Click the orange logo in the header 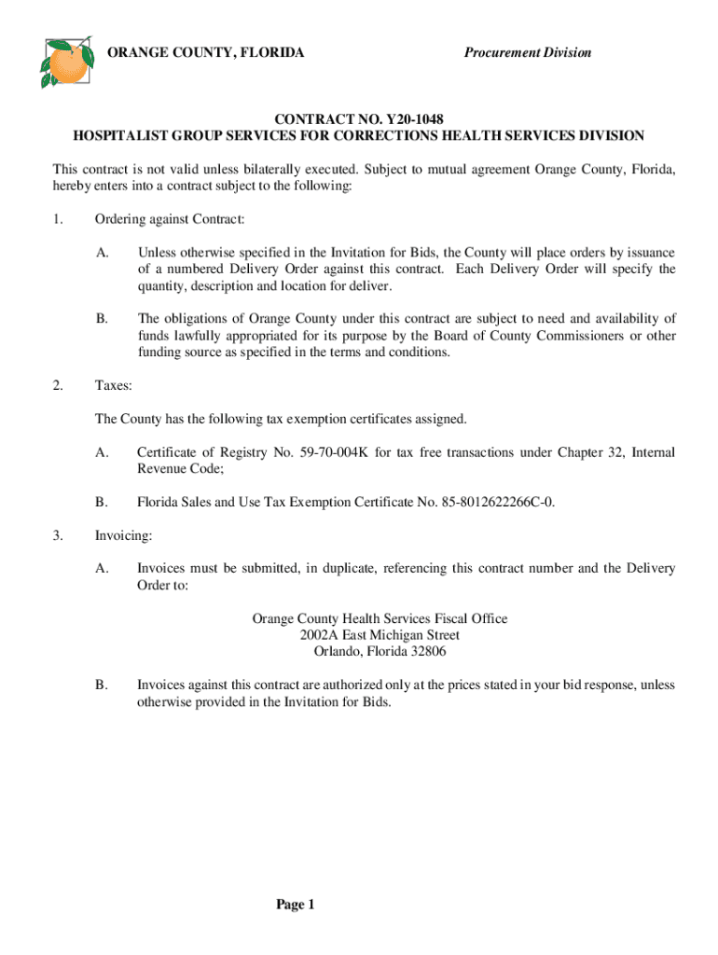[66, 61]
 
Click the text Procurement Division [528, 52]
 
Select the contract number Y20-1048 [412, 119]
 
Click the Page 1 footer [297, 905]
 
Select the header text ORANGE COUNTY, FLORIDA [206, 52]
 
